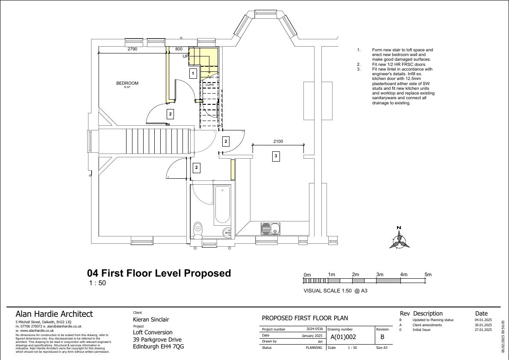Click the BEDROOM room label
127,83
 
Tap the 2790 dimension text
132,49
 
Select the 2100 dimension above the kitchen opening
278,141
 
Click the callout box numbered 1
193,74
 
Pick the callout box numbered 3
276,156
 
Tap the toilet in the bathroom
197,230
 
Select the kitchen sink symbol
271,229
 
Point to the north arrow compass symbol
399,238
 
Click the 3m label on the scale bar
380,274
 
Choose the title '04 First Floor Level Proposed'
159,273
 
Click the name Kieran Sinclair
151,319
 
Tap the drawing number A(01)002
343,337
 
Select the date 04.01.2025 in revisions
483,320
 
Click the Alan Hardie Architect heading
54,314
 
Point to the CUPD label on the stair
210,85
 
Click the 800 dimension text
179,49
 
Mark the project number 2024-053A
315,329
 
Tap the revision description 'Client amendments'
427,325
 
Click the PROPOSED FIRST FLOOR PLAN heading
305,318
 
